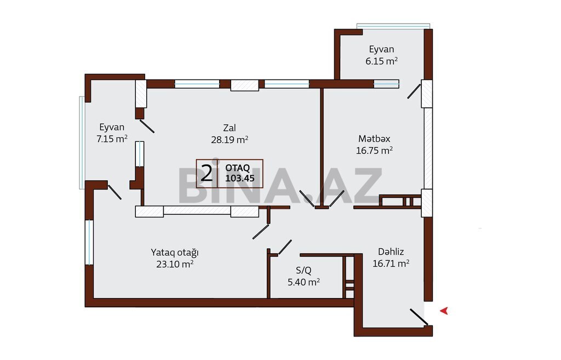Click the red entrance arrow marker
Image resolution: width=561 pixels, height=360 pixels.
pyautogui.click(x=444, y=311)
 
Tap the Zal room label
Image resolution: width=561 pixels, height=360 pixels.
pyautogui.click(x=230, y=128)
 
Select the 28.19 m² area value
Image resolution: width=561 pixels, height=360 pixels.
pyautogui.click(x=230, y=140)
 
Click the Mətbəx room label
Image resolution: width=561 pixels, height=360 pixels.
pyautogui.click(x=374, y=139)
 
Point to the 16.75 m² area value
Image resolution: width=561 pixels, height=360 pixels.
pyautogui.click(x=374, y=150)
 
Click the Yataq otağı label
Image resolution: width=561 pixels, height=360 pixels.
pyautogui.click(x=175, y=253)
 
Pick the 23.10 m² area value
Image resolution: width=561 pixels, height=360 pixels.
pyautogui.click(x=175, y=264)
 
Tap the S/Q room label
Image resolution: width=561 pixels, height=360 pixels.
pyautogui.click(x=304, y=270)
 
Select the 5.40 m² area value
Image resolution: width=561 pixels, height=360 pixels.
pyautogui.click(x=304, y=282)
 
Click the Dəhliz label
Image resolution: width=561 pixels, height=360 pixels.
pyautogui.click(x=391, y=252)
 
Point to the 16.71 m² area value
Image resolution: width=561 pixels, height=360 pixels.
pyautogui.click(x=391, y=264)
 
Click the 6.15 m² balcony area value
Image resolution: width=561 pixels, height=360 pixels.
pyautogui.click(x=381, y=61)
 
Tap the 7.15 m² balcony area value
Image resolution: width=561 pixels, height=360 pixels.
pyautogui.click(x=112, y=139)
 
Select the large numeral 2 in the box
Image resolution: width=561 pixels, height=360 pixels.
pyautogui.click(x=207, y=174)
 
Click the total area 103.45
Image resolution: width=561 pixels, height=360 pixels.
pyautogui.click(x=240, y=178)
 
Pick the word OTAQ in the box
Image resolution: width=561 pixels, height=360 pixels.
pyautogui.click(x=238, y=168)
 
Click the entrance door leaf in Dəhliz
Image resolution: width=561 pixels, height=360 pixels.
pyautogui.click(x=419, y=317)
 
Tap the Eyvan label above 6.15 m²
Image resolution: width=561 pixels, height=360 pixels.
pyautogui.click(x=381, y=49)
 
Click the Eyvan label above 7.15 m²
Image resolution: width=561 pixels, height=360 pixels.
pyautogui.click(x=112, y=127)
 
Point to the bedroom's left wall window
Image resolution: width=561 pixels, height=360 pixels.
pyautogui.click(x=89, y=242)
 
